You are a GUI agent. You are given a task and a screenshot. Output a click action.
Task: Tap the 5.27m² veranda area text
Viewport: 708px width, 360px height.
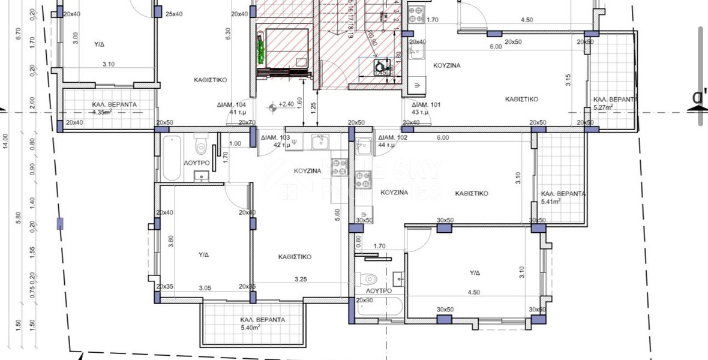603,107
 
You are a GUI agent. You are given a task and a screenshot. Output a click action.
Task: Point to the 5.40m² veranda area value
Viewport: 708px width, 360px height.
251,328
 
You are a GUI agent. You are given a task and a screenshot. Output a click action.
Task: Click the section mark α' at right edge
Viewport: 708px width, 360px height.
698,98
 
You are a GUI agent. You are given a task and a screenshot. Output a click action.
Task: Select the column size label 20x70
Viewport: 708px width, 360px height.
247,122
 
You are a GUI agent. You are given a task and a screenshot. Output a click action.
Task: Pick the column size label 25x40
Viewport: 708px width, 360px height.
174,14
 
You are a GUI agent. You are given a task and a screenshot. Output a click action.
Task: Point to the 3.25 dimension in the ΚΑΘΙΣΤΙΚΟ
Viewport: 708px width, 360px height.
301,279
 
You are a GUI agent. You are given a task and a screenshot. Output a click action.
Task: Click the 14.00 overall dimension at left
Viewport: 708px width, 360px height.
5,142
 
